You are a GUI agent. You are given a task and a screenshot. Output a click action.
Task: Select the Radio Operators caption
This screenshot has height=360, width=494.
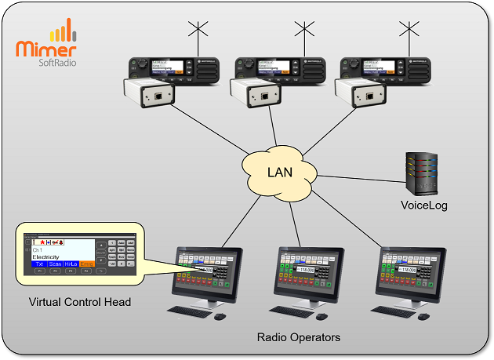pos(299,338)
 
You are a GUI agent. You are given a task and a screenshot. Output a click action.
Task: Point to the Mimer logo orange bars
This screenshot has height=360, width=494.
pos(63,32)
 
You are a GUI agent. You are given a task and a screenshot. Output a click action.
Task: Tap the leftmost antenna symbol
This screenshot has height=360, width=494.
pos(196,34)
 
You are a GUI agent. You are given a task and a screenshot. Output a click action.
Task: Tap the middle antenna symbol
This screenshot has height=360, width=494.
pos(303,34)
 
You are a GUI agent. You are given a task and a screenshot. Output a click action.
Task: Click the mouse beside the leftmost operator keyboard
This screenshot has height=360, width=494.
pos(220,316)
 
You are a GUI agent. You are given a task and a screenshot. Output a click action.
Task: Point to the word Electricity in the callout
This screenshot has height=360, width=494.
pos(45,256)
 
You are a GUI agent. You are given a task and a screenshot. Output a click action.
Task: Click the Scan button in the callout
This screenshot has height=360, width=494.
pos(56,264)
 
